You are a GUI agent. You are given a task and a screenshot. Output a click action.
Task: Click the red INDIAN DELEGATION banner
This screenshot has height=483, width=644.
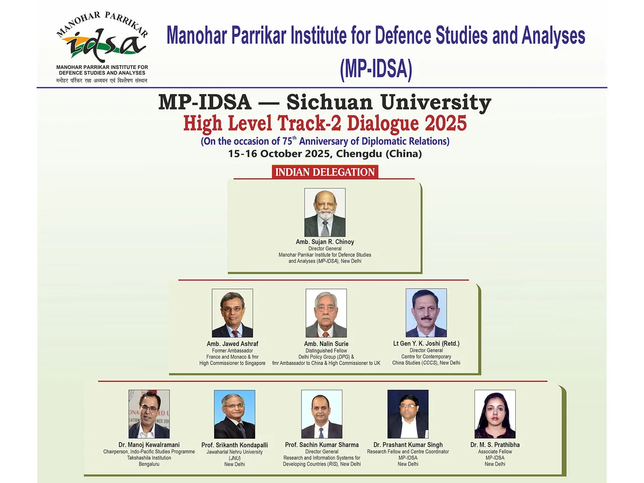pos(325,172)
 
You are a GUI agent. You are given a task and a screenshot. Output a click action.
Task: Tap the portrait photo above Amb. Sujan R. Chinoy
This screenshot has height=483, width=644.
pos(325,212)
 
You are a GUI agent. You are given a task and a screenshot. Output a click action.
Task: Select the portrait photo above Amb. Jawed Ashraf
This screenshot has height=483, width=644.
pos(232,313)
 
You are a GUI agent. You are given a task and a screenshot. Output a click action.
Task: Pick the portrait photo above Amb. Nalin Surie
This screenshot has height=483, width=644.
pos(326,313)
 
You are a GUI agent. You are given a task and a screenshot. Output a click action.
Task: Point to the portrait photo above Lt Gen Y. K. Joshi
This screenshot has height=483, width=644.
pos(426,312)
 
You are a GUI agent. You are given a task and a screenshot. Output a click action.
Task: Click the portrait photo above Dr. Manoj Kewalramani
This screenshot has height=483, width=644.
pos(149,414)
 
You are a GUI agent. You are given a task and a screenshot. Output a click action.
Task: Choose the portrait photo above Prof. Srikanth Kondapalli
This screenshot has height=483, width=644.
pos(234,414)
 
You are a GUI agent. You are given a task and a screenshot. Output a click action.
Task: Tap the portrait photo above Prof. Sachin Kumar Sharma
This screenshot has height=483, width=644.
pos(321,414)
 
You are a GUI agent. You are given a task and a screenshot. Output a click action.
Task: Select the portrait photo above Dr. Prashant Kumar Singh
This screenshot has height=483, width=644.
pos(408,414)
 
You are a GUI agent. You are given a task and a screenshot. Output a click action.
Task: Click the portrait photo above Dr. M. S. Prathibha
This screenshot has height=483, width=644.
pos(495,414)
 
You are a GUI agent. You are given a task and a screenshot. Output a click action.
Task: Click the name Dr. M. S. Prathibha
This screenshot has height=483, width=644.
pos(495,445)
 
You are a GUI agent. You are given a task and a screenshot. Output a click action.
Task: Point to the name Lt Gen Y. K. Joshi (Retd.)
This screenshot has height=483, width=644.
pos(426,344)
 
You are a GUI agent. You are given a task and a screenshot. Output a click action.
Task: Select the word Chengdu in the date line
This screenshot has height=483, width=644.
pos(359,153)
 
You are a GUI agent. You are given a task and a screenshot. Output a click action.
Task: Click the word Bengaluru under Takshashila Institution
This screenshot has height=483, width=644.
pos(149,464)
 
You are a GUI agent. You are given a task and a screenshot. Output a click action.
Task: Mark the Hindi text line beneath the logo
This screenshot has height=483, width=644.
pos(102,80)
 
